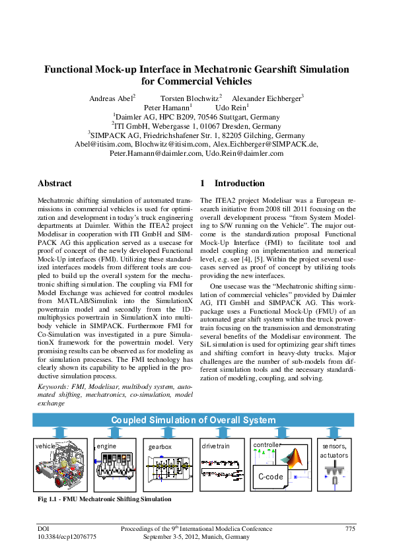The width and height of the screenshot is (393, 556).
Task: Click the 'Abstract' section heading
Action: [x=55, y=183]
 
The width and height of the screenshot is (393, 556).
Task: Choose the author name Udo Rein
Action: [x=231, y=108]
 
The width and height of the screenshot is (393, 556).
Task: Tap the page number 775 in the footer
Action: [x=350, y=528]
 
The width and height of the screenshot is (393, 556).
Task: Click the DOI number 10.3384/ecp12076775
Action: [x=67, y=537]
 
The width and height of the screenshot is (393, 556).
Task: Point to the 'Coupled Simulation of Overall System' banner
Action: [x=193, y=420]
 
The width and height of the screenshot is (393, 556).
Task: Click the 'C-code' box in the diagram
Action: [x=270, y=475]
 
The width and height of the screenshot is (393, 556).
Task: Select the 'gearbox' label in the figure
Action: [x=160, y=447]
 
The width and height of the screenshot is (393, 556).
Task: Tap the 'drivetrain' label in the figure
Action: [x=215, y=446]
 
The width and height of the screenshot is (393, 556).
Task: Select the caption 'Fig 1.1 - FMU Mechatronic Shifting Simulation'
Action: [x=104, y=499]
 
